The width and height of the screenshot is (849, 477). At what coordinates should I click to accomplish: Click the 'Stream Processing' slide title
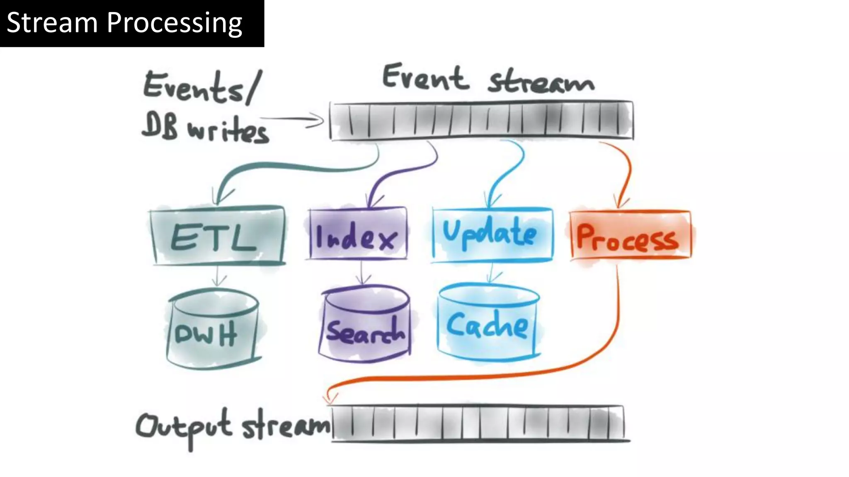[124, 23]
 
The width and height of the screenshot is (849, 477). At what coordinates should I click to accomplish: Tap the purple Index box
[357, 235]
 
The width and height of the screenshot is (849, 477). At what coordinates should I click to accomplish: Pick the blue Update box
[492, 235]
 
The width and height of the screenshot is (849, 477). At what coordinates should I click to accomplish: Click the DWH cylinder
[212, 329]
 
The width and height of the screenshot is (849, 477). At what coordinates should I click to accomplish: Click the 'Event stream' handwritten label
[488, 79]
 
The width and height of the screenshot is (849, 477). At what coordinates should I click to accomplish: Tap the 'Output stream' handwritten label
[232, 426]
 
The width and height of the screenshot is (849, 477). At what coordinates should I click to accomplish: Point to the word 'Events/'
[202, 87]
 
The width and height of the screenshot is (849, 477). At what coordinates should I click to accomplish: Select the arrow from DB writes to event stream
[296, 120]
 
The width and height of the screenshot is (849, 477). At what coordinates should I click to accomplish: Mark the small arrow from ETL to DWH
[217, 275]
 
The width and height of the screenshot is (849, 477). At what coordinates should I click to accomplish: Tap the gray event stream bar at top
[481, 120]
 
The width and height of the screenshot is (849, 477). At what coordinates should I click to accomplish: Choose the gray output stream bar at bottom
[479, 423]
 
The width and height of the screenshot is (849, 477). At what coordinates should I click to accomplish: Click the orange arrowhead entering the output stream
[329, 398]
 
